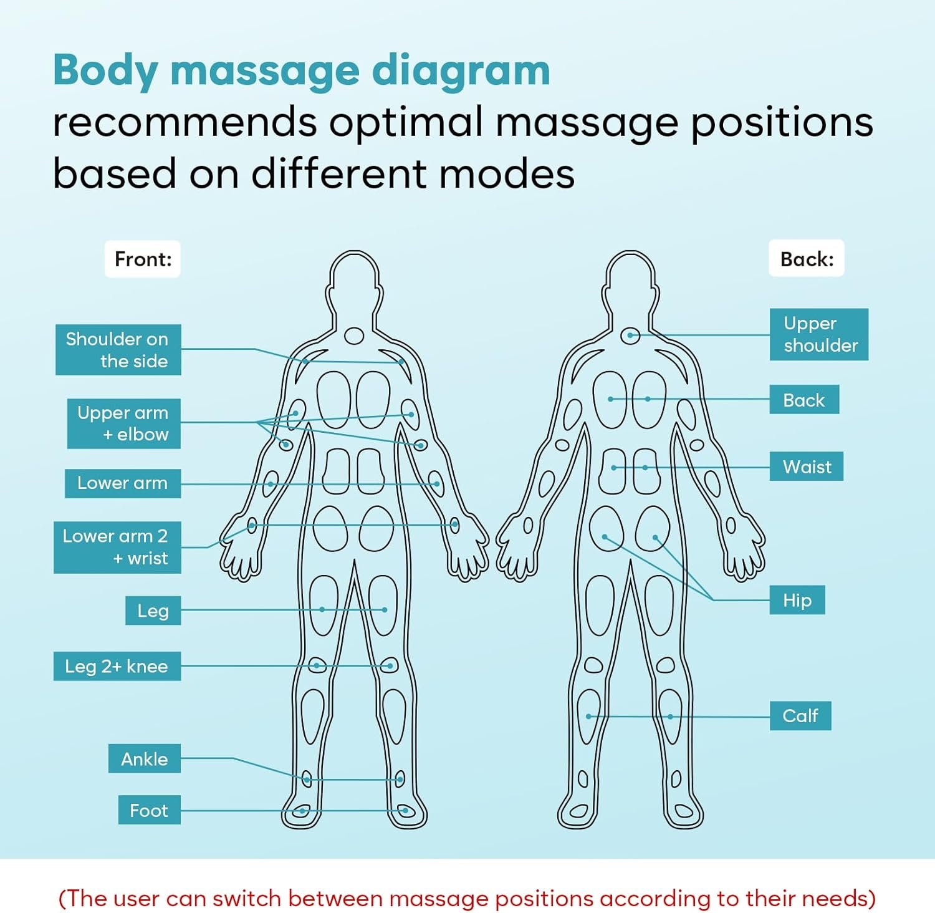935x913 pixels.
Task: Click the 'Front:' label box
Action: pos(142,259)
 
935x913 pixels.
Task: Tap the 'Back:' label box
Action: pos(806,259)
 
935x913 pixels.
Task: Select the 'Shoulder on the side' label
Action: pos(118,349)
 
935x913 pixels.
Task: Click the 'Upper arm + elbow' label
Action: pos(123,423)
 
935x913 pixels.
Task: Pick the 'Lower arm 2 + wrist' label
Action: pos(117,547)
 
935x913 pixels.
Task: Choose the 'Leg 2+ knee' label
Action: pos(117,666)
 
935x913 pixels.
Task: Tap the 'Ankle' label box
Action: pos(145,758)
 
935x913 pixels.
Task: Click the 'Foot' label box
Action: pos(150,809)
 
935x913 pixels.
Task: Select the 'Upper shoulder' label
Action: pos(818,334)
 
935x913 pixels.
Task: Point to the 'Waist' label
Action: pos(806,466)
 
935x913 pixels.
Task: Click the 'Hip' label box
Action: pos(797,600)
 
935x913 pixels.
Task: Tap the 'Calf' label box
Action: pos(800,715)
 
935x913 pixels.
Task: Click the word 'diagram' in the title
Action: pos(461,71)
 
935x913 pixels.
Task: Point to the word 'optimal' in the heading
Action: pos(406,122)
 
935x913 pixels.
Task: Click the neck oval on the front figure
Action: pos(354,336)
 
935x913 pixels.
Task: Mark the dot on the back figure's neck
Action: pos(630,336)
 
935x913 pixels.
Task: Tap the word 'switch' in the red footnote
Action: pos(247,898)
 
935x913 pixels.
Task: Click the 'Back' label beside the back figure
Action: pos(803,400)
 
